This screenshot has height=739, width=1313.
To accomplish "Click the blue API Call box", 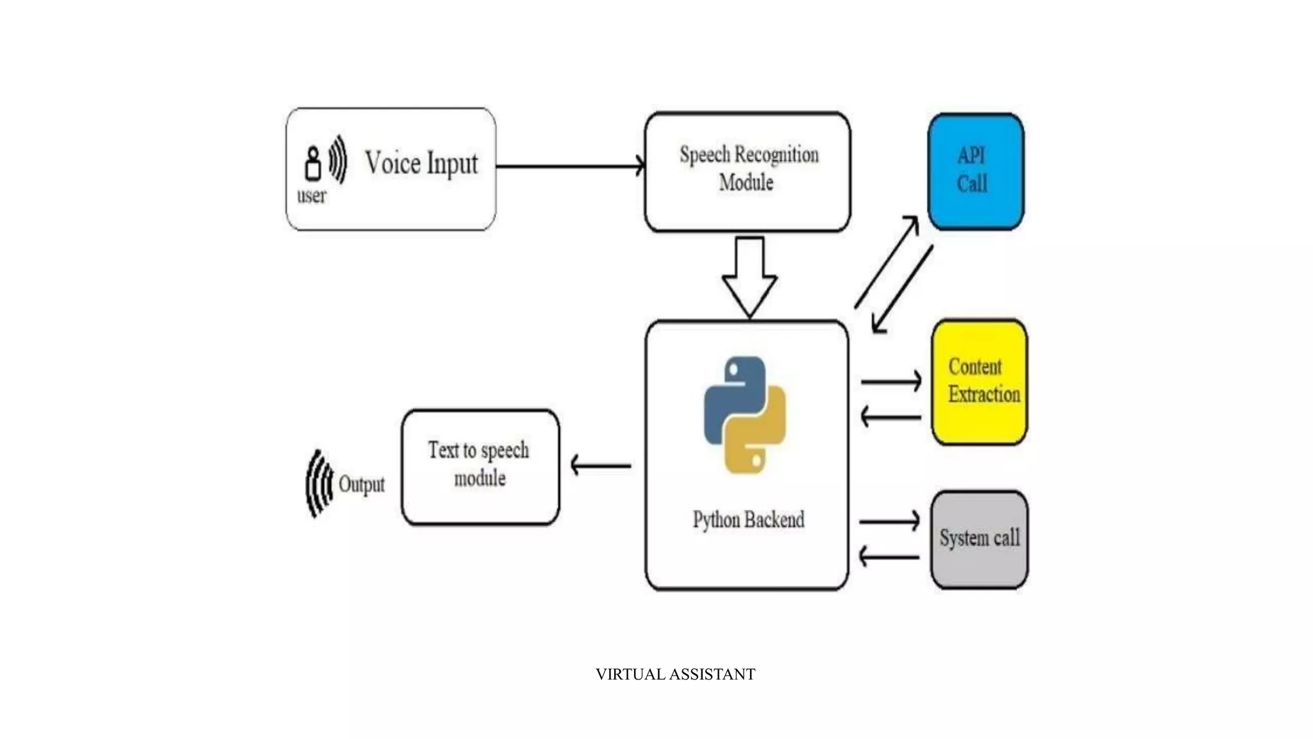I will (975, 171).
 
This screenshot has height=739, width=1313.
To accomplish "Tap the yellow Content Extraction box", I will (979, 382).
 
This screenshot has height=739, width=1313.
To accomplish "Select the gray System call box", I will (979, 539).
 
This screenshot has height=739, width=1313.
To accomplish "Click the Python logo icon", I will (745, 415).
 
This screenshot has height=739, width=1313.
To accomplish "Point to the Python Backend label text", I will (748, 520).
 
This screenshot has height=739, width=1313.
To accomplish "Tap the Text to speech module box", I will (480, 466).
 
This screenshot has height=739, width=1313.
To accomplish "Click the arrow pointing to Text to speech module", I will (600, 465).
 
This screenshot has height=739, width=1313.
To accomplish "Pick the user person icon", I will (313, 164).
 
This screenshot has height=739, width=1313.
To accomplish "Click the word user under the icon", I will (312, 196).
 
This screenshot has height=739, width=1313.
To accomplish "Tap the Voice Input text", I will (421, 164).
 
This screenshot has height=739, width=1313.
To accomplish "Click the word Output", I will (362, 484).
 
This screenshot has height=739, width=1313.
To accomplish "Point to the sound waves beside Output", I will (319, 483).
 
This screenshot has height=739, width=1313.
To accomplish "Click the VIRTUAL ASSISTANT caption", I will (675, 674).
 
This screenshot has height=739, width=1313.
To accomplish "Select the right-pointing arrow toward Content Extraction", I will (891, 381).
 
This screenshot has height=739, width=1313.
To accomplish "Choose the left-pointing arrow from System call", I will (889, 556).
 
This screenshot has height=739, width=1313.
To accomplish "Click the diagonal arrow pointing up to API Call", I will (887, 262).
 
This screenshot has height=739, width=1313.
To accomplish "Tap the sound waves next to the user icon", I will (338, 159).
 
